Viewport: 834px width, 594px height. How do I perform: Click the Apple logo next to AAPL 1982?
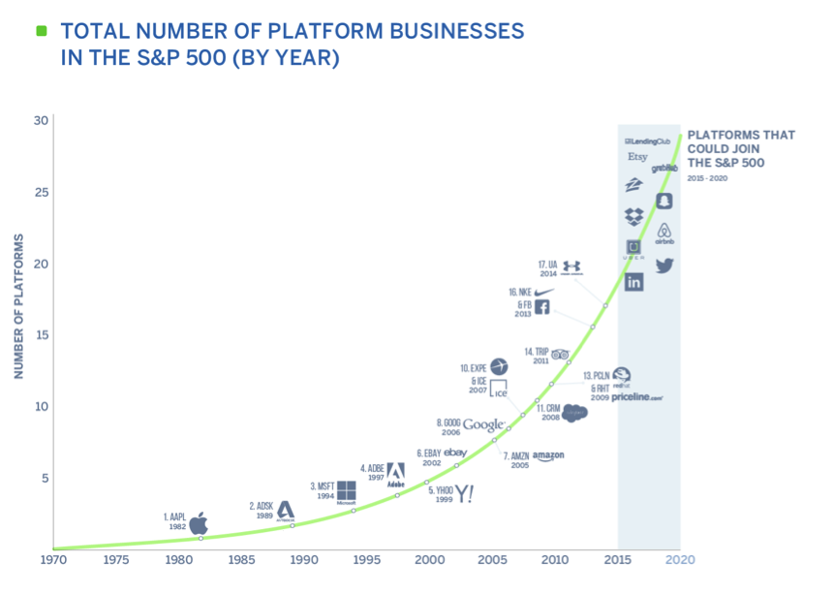point(199,524)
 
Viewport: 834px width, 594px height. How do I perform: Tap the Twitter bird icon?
point(664,266)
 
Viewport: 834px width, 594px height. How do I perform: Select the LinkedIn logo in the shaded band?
point(634,282)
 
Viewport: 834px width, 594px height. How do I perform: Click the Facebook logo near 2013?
point(542,307)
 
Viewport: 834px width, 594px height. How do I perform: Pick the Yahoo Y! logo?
point(465,494)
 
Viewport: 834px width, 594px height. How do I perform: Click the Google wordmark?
point(483,424)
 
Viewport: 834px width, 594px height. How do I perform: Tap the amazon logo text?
point(548,455)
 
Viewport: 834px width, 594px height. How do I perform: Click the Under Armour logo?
point(571,266)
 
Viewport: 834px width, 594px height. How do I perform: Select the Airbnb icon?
point(664,234)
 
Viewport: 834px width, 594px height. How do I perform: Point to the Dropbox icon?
point(634,216)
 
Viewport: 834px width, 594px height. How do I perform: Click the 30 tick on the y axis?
point(41,120)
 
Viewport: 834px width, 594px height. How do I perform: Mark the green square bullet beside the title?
point(42,31)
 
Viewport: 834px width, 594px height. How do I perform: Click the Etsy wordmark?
point(637,156)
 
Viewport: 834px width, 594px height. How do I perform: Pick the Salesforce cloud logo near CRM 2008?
point(574,413)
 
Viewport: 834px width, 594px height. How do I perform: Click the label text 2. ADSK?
point(262,506)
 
